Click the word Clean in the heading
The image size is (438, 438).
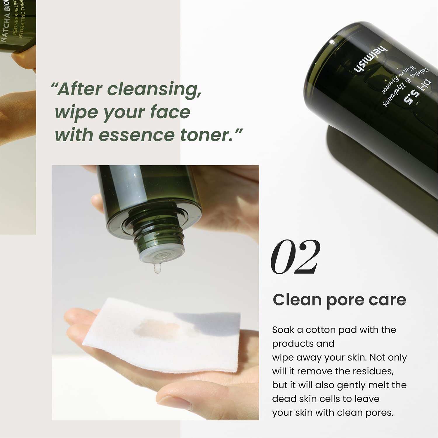tap(297, 300)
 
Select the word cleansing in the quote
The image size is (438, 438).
tap(154, 89)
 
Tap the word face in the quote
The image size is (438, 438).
tap(170, 112)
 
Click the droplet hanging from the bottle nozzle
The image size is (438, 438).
tap(157, 268)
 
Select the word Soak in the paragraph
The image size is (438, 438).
tap(283, 330)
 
